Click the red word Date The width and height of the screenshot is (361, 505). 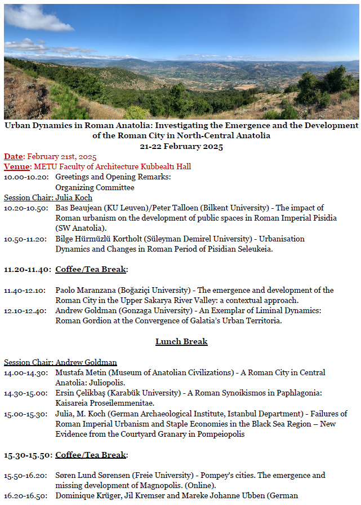pyautogui.click(x=14, y=157)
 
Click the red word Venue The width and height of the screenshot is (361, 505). pyautogui.click(x=16, y=167)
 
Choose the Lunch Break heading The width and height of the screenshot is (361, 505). pyautogui.click(x=181, y=341)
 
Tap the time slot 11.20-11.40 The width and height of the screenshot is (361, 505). pyautogui.click(x=28, y=270)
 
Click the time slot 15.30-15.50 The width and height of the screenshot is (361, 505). pyautogui.click(x=28, y=455)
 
